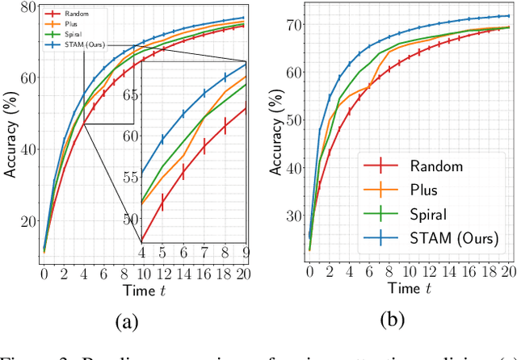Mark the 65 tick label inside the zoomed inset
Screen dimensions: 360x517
[130, 95]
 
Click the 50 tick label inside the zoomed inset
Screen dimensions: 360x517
[130, 218]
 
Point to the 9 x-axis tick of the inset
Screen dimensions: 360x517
[246, 252]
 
